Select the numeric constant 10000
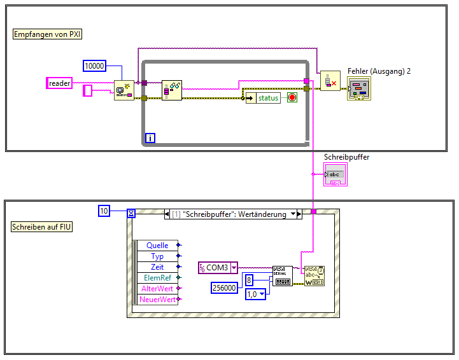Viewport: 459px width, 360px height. click(x=95, y=66)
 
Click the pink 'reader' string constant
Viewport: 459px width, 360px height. click(x=60, y=83)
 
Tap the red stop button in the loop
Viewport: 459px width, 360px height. click(x=292, y=98)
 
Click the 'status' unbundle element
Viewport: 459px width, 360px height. click(x=268, y=98)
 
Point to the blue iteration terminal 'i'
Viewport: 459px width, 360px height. click(x=151, y=137)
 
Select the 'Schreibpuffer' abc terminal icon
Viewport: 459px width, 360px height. click(x=335, y=175)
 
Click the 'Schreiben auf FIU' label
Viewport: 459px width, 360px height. click(x=42, y=226)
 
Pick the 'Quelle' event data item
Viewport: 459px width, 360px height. click(x=157, y=246)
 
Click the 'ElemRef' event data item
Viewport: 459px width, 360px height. click(x=157, y=278)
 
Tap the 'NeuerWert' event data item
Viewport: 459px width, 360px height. click(x=157, y=299)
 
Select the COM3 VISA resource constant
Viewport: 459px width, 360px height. click(x=217, y=268)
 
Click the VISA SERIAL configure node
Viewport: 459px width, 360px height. click(x=283, y=276)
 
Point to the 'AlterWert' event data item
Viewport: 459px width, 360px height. click(x=157, y=289)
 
